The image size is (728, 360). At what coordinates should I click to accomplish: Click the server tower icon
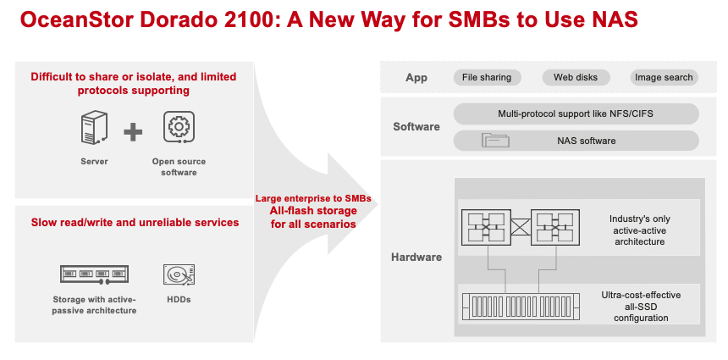tap(94, 128)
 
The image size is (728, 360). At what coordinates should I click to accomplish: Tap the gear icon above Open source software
tap(179, 127)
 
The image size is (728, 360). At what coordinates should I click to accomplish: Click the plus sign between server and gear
tap(133, 132)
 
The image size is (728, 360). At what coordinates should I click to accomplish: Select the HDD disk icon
tap(179, 274)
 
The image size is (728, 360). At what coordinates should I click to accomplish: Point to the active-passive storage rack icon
tap(94, 274)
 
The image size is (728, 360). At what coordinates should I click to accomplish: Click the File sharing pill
tap(487, 78)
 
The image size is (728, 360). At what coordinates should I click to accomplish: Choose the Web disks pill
tap(576, 78)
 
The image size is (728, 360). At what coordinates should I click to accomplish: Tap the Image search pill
tap(664, 78)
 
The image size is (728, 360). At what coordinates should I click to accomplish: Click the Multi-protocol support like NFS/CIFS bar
tap(576, 114)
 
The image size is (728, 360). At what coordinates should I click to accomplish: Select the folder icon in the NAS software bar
tap(495, 141)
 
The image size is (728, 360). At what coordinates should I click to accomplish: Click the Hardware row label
tap(416, 257)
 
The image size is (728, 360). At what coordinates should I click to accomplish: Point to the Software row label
tap(416, 127)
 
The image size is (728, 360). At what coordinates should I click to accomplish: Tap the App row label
tap(416, 78)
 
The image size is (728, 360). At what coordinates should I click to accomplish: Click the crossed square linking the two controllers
tap(521, 228)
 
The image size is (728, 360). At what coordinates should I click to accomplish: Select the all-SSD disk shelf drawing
tap(521, 307)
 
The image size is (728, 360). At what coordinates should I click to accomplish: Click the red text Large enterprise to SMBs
tap(313, 199)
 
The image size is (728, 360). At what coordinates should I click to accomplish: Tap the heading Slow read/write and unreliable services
tap(135, 223)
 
